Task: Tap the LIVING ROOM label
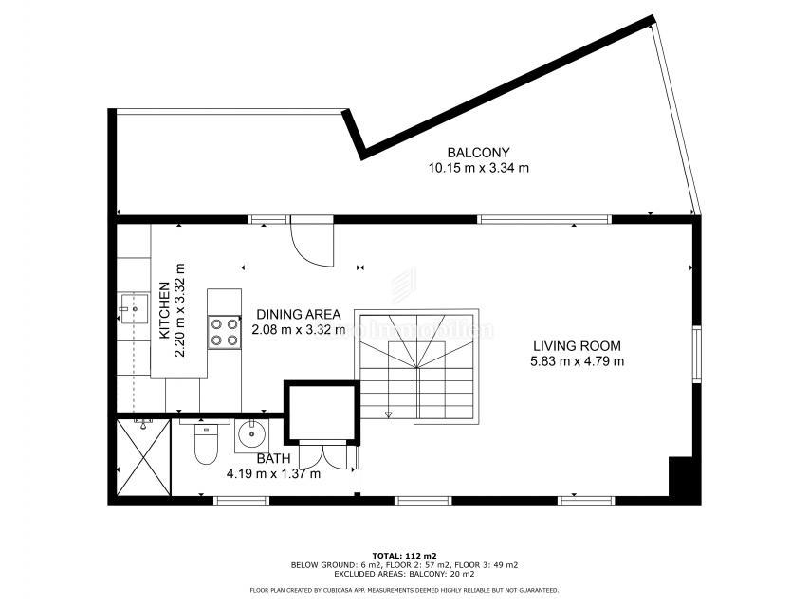tap(578, 345)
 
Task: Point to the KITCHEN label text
tap(164, 311)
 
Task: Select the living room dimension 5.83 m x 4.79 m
tap(578, 360)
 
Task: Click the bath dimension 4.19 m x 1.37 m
tap(273, 474)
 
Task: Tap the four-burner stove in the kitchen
tap(225, 332)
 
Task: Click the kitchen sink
tap(134, 308)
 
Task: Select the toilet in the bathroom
tap(206, 444)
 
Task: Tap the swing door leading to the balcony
tap(311, 241)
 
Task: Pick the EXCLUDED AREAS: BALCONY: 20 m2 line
tap(404, 574)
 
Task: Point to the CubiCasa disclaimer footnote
tap(404, 590)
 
